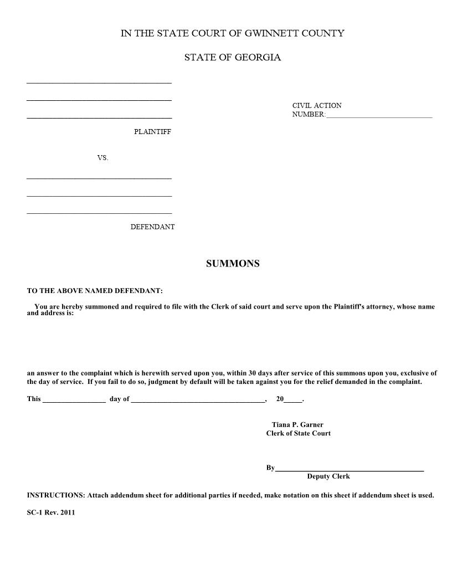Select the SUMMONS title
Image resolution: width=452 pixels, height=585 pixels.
point(233,264)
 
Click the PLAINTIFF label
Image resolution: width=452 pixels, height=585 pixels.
point(152,132)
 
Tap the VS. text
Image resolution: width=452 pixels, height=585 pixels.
point(103,158)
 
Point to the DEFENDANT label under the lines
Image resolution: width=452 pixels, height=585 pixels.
point(152,227)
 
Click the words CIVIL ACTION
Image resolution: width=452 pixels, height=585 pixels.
point(317,105)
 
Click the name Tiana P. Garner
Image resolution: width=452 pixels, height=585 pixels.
point(297,425)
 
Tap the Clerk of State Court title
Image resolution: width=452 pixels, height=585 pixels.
point(298,433)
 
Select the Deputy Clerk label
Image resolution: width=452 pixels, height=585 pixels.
point(328,476)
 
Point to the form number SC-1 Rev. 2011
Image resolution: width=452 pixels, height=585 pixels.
point(51,512)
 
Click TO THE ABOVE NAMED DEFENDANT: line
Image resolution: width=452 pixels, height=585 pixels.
point(95,291)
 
